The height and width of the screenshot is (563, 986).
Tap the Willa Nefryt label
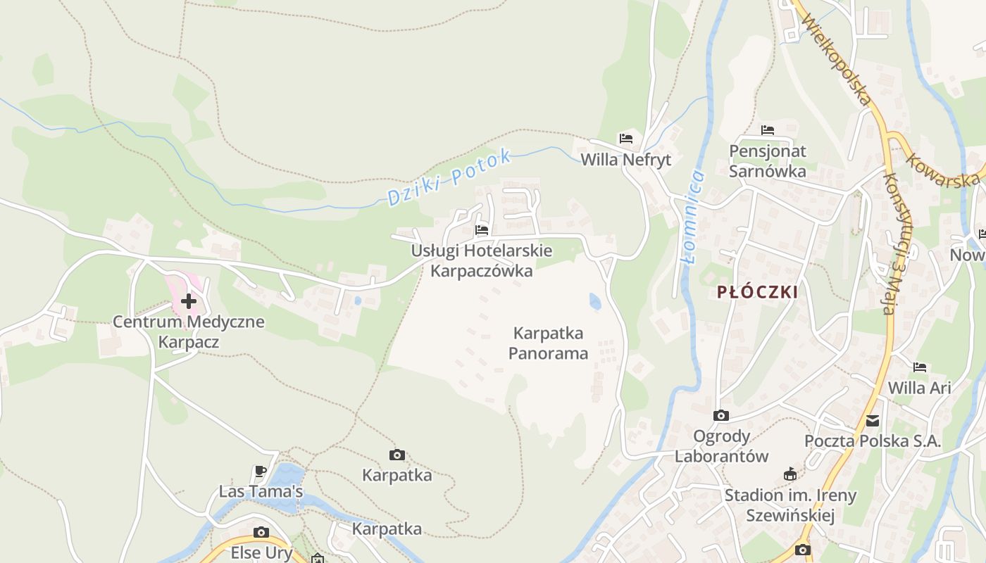[x=625, y=160]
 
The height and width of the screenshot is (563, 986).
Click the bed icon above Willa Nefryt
[x=625, y=138]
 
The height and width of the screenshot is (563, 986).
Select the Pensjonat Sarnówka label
[x=768, y=160]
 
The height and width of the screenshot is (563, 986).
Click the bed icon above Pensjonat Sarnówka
[x=768, y=130]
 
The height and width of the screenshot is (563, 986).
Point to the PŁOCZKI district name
[x=758, y=292]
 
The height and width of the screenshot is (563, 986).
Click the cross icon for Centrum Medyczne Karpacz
[x=189, y=301]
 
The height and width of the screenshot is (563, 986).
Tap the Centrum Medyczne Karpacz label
[x=189, y=332]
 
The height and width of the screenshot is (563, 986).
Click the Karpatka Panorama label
[x=548, y=343]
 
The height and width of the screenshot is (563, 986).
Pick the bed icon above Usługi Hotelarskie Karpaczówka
[x=482, y=229]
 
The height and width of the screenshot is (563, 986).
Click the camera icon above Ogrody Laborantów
[x=721, y=416]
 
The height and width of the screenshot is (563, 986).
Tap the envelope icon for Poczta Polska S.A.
[x=873, y=421]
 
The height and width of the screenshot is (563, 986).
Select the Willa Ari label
[x=919, y=388]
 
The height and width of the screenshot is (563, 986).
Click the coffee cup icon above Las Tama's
[x=261, y=471]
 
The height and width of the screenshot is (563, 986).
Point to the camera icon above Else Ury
[x=261, y=532]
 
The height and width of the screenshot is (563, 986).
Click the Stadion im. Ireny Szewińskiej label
[x=790, y=505]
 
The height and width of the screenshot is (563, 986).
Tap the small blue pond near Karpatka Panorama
[x=595, y=301]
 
